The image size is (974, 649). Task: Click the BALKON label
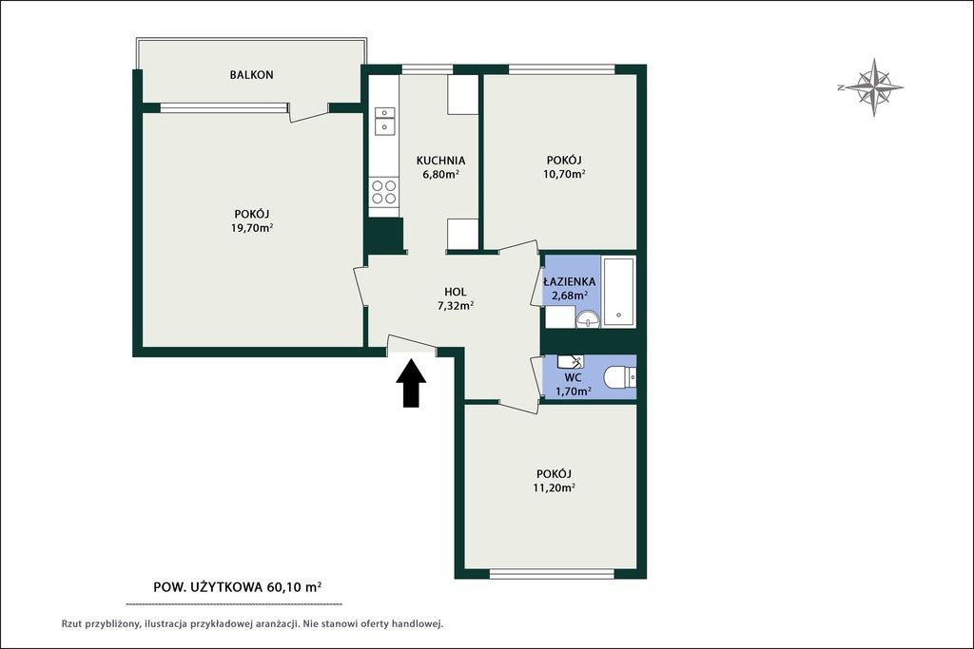pos(251,75)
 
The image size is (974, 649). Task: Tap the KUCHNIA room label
pos(440,161)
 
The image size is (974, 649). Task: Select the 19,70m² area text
pos(252,228)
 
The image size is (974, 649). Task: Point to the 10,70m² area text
pos(564,174)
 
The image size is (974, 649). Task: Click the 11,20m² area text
pos(554,487)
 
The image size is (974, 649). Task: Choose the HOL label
pos(456,292)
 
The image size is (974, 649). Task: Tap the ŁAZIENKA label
pos(569,281)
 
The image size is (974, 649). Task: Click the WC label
pos(573,377)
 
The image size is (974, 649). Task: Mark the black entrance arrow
pos(411,384)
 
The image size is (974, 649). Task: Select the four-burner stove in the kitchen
pos(383,192)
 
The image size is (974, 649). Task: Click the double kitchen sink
pos(384,121)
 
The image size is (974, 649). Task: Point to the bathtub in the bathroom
pos(618,292)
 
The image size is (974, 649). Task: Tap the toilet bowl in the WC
pos(620,376)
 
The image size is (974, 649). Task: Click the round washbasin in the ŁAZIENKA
pos(587,319)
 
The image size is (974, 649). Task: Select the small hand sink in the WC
pos(571,361)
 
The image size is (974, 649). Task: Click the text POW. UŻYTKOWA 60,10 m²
pos(237,586)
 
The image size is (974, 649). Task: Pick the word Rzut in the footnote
pos(72,624)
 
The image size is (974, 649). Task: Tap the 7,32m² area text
pos(456,305)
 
